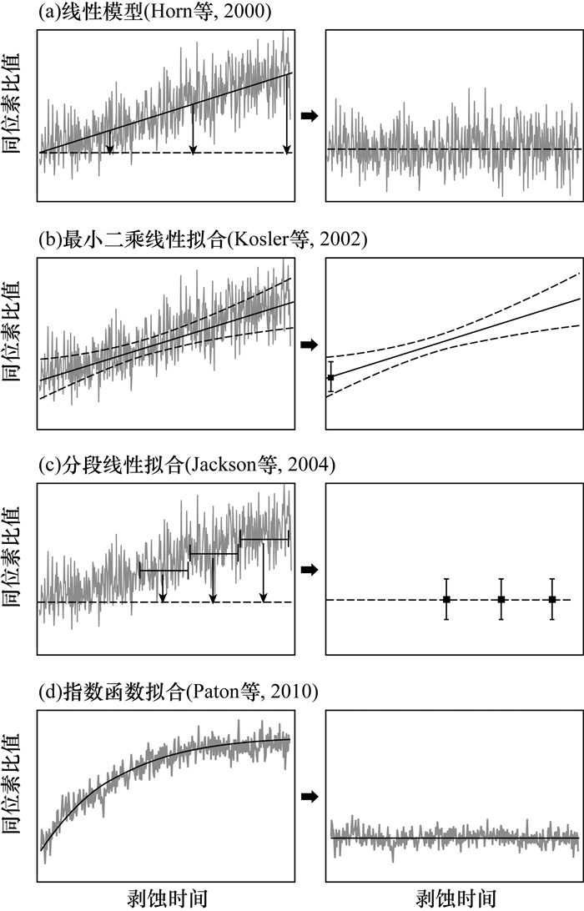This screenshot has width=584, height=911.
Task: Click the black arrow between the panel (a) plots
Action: (309, 117)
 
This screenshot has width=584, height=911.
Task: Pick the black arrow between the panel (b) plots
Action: (309, 345)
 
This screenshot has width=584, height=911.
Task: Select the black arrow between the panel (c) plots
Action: (309, 570)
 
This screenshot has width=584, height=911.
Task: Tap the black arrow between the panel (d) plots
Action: (309, 797)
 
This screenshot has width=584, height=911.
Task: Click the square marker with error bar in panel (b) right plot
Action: (331, 378)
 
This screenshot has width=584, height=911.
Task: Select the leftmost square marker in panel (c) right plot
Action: (446, 600)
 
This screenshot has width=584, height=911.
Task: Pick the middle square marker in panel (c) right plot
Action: (501, 600)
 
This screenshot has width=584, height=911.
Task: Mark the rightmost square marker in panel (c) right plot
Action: (552, 600)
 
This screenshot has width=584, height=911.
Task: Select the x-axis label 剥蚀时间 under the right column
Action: (453, 897)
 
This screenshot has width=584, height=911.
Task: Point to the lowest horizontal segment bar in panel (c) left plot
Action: (164, 571)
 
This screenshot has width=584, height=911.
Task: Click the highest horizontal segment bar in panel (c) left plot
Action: (264, 540)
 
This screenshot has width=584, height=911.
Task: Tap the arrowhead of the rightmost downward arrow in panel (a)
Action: (287, 150)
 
